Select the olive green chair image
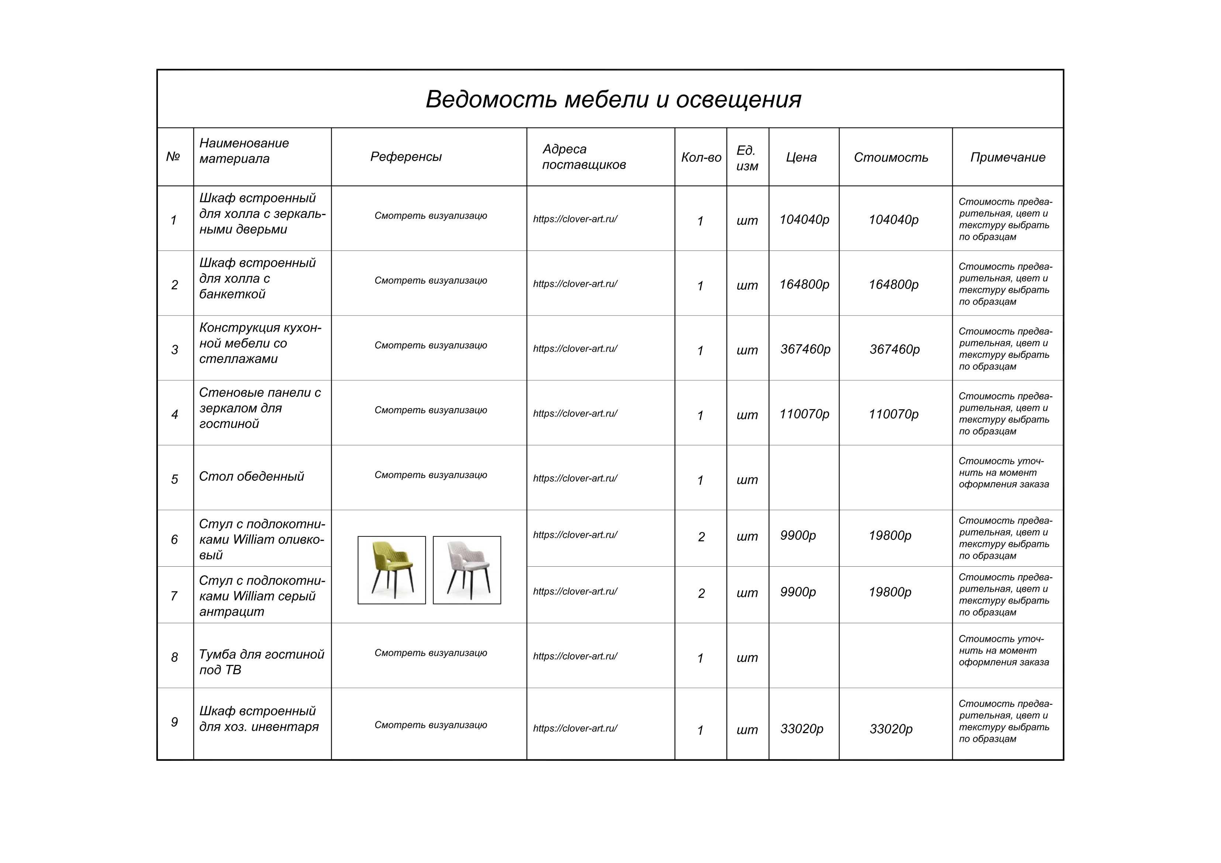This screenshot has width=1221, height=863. click(x=392, y=570)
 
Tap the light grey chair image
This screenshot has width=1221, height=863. click(x=466, y=570)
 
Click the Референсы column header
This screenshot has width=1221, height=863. click(x=406, y=157)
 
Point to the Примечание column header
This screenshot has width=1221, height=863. click(x=1007, y=158)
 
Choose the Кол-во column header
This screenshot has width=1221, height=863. click(x=701, y=158)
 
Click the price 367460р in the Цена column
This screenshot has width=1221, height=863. click(x=805, y=349)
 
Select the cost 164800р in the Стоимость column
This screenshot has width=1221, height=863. click(x=893, y=284)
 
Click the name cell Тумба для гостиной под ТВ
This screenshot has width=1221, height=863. click(x=261, y=662)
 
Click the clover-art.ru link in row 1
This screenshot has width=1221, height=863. click(x=575, y=219)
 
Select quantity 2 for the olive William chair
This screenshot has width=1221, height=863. click(x=701, y=537)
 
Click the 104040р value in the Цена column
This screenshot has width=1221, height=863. click(x=804, y=220)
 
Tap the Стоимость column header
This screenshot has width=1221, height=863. click(x=891, y=158)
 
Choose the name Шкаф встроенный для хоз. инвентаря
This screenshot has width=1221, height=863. click(x=258, y=719)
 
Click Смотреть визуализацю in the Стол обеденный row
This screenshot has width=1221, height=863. click(x=430, y=475)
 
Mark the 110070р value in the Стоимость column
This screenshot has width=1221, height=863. click(x=893, y=414)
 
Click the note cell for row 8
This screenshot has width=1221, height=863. click(x=1004, y=650)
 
